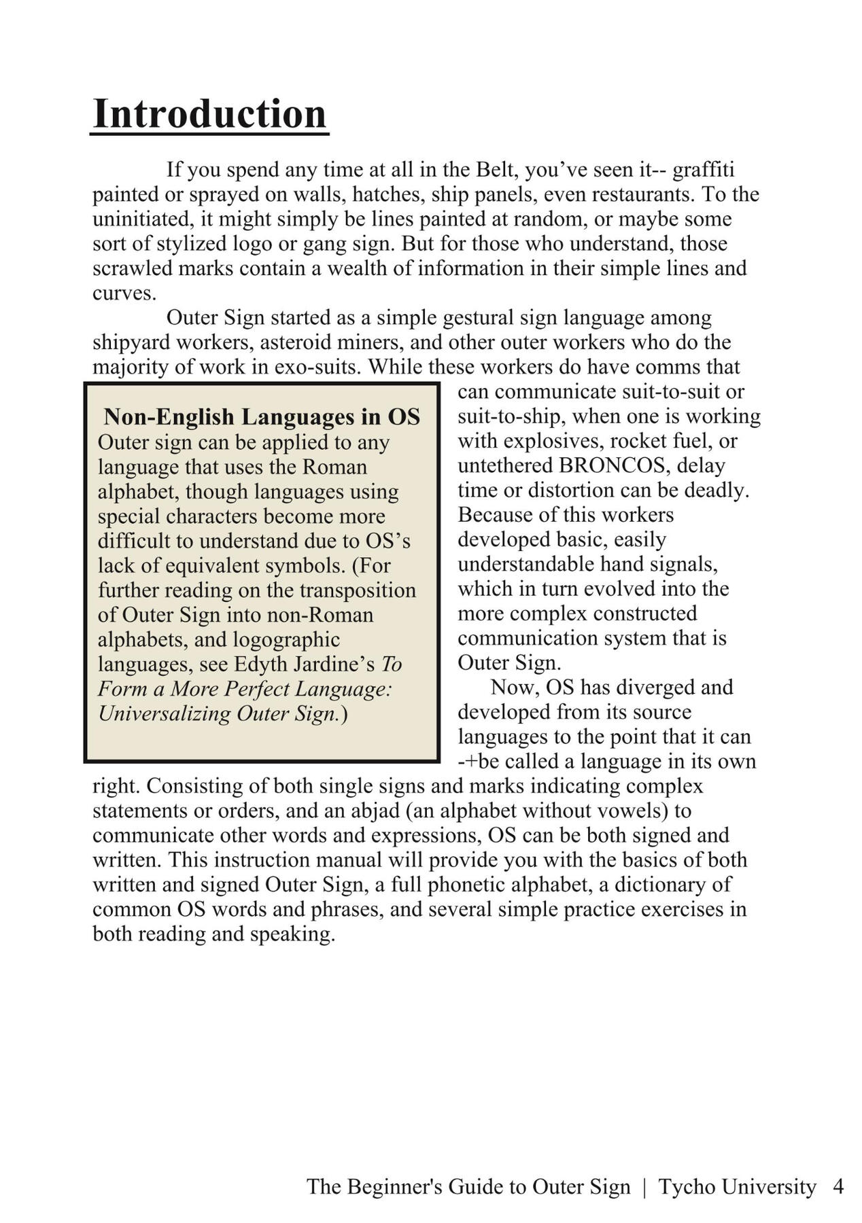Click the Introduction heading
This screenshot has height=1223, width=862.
pos(209,113)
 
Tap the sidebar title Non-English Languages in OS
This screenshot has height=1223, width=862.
pos(262,416)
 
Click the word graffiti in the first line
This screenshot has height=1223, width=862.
pos(703,169)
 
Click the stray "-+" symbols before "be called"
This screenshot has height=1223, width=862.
pos(466,761)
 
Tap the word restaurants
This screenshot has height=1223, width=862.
pos(643,194)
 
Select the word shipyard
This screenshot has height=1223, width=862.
pos(131,342)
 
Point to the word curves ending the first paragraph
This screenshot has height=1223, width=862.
pos(123,294)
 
